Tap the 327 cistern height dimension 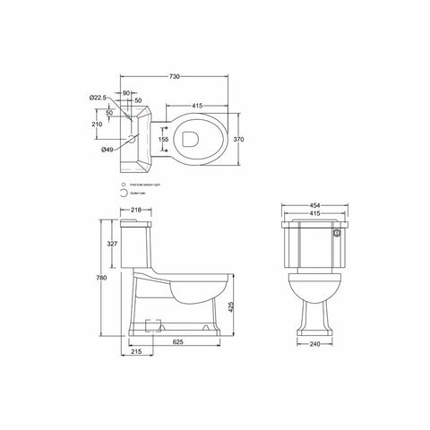(110, 243)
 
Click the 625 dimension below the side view (178, 341)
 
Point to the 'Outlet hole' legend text (135, 193)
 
